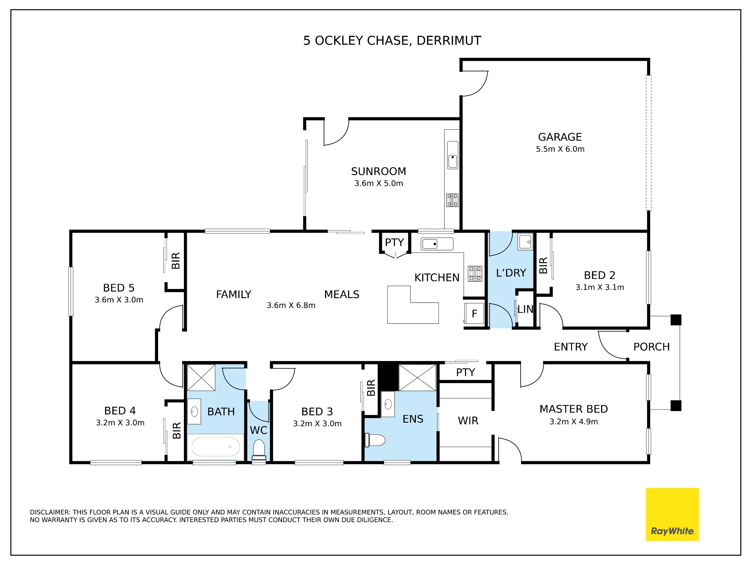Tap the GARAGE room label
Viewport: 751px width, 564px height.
click(x=560, y=137)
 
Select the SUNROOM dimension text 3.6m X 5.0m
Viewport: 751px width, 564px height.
click(x=378, y=184)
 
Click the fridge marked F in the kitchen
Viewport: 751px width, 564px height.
click(x=474, y=313)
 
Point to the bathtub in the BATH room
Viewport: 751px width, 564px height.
click(x=216, y=447)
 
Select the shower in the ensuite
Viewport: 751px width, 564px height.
click(x=417, y=377)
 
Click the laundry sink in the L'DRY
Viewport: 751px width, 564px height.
click(x=526, y=242)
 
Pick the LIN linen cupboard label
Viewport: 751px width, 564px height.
click(x=525, y=309)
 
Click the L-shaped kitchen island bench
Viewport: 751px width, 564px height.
click(x=413, y=305)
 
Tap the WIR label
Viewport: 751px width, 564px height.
click(x=468, y=421)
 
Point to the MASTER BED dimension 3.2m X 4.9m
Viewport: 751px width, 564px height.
click(x=574, y=422)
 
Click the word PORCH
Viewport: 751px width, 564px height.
click(x=652, y=347)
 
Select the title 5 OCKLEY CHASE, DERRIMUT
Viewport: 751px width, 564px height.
click(x=392, y=41)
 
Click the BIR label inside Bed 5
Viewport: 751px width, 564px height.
click(x=175, y=261)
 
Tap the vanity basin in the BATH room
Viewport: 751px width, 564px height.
click(x=194, y=411)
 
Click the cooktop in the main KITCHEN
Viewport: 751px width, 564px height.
click(x=475, y=274)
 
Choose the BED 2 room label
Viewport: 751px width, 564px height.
click(x=600, y=275)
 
